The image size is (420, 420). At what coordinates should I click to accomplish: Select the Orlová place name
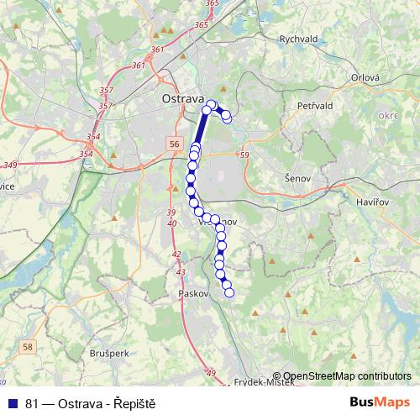click(x=365, y=77)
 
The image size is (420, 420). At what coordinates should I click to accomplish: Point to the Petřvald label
click(x=317, y=107)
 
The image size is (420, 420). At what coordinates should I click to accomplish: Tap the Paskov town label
click(x=193, y=294)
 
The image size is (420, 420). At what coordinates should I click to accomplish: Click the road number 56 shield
click(x=173, y=144)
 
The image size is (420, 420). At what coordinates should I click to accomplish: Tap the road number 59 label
click(x=244, y=155)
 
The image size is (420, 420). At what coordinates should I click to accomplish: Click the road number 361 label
click(x=138, y=65)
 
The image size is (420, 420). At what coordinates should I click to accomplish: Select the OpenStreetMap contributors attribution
click(x=347, y=376)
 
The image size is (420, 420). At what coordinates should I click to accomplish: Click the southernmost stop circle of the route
click(x=228, y=292)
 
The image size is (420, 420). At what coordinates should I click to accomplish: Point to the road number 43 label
click(x=181, y=272)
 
